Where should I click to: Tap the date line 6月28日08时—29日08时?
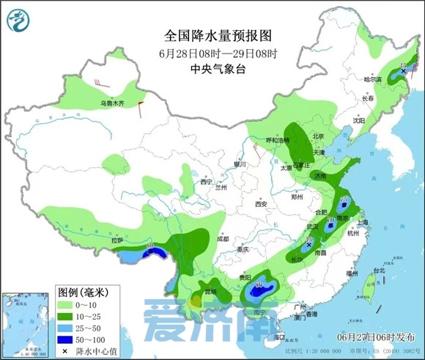click(x=212, y=54)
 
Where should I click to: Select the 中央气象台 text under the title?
click(x=212, y=70)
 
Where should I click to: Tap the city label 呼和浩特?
click(x=277, y=140)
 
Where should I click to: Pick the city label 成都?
click(x=223, y=239)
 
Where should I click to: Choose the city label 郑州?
click(x=296, y=197)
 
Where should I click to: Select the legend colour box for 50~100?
click(x=66, y=340)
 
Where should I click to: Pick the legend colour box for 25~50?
click(x=66, y=328)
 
